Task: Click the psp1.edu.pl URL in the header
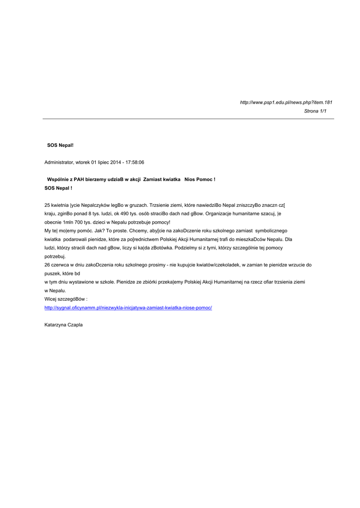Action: pos(286,102)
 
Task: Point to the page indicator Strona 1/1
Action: pos(315,111)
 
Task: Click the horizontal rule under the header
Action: pos(188,119)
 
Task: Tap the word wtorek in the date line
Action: pos(83,162)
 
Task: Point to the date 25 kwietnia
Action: pos(57,205)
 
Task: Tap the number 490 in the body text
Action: pos(127,214)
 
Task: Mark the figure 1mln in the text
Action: pos(72,222)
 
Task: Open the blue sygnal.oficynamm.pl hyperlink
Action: pos(128,308)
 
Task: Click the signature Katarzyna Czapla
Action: pos(64,325)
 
